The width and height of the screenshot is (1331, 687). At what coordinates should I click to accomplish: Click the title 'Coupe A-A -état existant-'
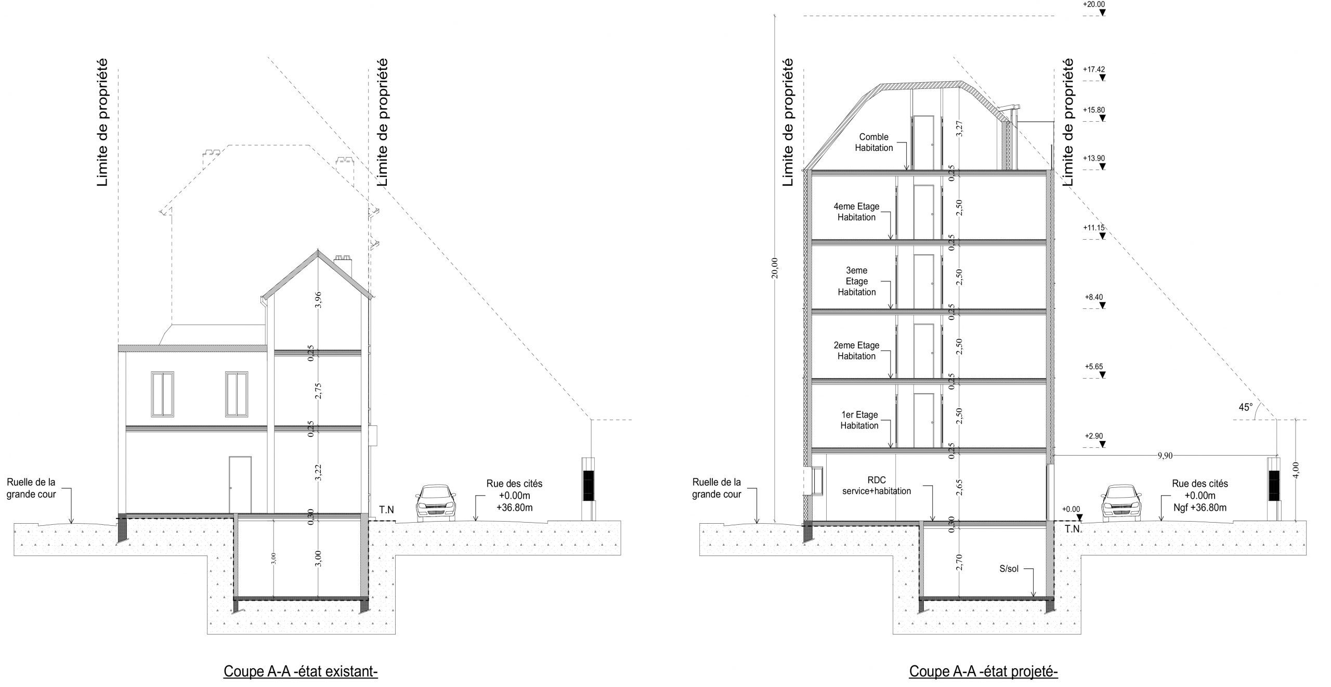click(x=301, y=657)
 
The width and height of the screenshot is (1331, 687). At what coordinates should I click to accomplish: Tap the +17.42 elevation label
click(x=1093, y=69)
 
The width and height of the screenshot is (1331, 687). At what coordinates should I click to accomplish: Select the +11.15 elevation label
click(x=1093, y=228)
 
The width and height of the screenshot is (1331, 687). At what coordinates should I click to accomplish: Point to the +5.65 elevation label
click(x=1093, y=367)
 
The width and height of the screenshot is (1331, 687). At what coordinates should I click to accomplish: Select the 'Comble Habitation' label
click(x=874, y=142)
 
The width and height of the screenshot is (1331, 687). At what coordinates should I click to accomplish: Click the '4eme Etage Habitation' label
click(x=856, y=212)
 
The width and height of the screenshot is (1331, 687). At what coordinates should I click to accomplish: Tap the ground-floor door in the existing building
click(x=240, y=485)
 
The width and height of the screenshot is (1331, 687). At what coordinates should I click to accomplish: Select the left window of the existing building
click(x=163, y=394)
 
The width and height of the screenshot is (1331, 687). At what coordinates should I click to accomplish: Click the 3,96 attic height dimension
click(x=319, y=300)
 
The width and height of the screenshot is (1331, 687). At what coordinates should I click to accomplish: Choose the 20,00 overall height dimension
click(x=775, y=268)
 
